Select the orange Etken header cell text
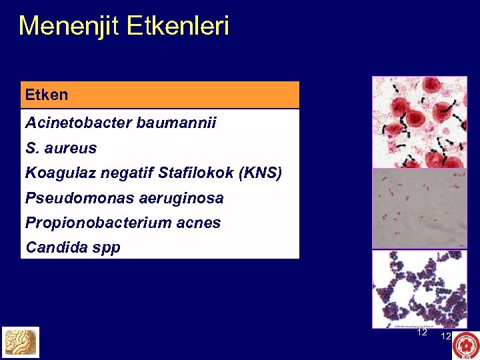pos(47,95)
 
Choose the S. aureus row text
pos(61,148)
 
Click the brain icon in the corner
pos(20,342)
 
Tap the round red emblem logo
pos(465,345)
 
